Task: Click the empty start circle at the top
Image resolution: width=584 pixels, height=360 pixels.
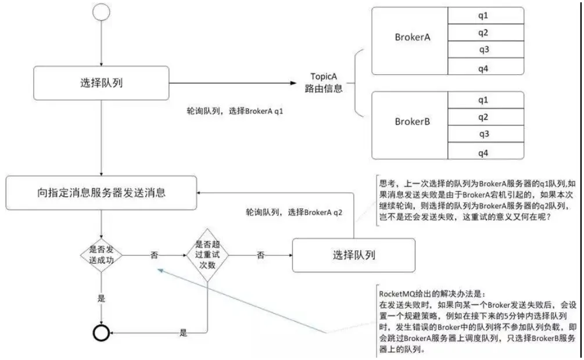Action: point(101,12)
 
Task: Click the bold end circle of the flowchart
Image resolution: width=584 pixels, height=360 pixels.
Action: point(101,333)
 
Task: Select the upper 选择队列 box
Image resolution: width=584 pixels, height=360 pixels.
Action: point(101,83)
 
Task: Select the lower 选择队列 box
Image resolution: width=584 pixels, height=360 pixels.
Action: point(354,255)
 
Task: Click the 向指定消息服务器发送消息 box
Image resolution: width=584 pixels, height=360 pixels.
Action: point(101,193)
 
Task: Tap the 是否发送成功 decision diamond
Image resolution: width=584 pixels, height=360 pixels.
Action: point(101,255)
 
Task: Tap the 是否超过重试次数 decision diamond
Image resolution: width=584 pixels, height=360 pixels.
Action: point(207,255)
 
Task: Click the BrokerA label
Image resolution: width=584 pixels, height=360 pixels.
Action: point(413,37)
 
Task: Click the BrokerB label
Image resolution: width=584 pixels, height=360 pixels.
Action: point(413,122)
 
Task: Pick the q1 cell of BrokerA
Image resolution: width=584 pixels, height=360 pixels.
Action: point(486,16)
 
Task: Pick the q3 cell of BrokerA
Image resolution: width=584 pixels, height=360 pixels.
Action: point(486,49)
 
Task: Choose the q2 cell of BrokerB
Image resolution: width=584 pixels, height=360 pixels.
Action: point(486,117)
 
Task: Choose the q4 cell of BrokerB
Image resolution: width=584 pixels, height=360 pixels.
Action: point(486,151)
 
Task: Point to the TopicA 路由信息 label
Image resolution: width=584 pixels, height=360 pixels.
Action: point(324,82)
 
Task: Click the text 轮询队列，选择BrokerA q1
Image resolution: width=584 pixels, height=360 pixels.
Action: point(235,111)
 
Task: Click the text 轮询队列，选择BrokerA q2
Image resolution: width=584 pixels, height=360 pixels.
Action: point(294,213)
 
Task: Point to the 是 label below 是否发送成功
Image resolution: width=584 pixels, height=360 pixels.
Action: point(101,298)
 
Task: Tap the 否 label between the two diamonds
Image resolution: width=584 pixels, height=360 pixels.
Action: point(154,255)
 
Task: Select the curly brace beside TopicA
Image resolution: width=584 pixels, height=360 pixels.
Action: point(356,82)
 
